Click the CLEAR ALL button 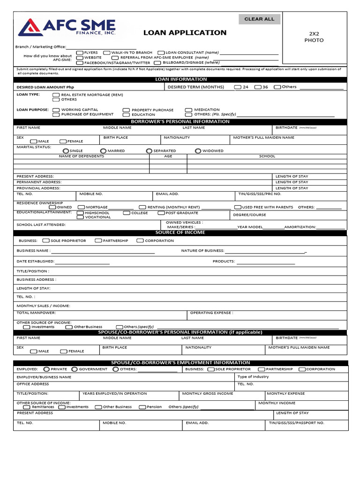(260, 19)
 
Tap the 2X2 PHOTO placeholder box (316, 37)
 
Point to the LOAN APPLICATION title (185, 33)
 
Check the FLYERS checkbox (80, 53)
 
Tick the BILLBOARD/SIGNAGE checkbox (158, 62)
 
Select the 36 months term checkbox (258, 87)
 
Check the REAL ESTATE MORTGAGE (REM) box (56, 95)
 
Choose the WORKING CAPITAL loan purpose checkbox (56, 110)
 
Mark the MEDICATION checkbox (188, 110)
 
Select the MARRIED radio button (103, 151)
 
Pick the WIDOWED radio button (198, 151)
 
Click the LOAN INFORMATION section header (181, 79)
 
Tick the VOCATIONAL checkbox (81, 217)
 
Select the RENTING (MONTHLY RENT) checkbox (142, 207)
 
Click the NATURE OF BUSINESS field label (202, 251)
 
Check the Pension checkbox (142, 407)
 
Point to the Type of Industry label (253, 376)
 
